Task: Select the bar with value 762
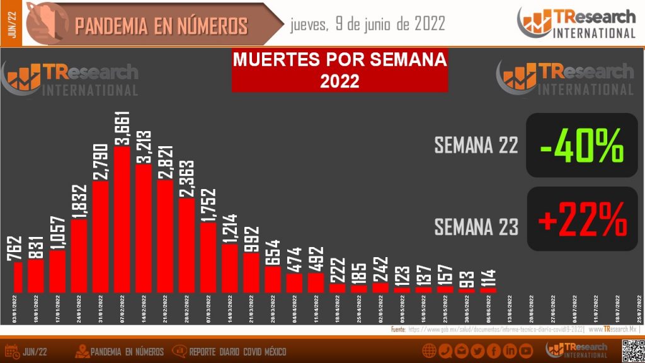pyautogui.click(x=18, y=277)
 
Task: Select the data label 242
pyautogui.click(x=380, y=268)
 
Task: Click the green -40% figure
pyautogui.click(x=582, y=145)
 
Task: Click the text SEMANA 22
pyautogui.click(x=476, y=145)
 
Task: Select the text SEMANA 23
pyautogui.click(x=476, y=226)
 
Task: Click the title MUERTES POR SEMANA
pyautogui.click(x=340, y=61)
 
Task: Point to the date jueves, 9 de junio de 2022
pyautogui.click(x=368, y=24)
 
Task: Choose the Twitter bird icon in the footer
pyautogui.click(x=477, y=351)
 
